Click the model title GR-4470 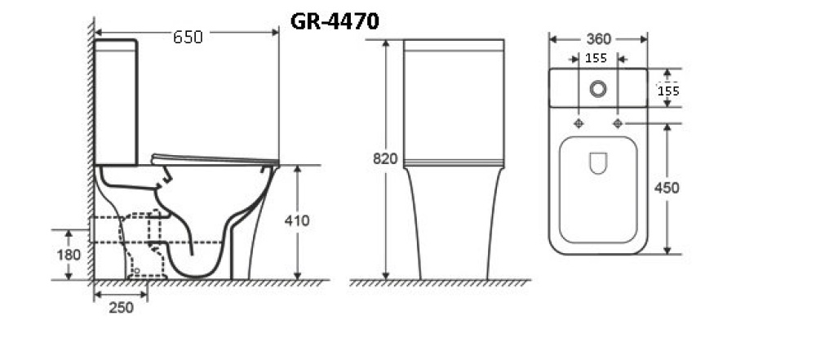[335, 22]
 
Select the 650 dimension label [188, 38]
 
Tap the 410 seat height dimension [297, 220]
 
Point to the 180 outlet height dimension [69, 255]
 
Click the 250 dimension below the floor [122, 308]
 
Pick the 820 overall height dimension [385, 159]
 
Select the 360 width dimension [598, 39]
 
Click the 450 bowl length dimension [667, 188]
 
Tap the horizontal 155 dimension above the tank [596, 58]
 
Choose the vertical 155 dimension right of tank [668, 91]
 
